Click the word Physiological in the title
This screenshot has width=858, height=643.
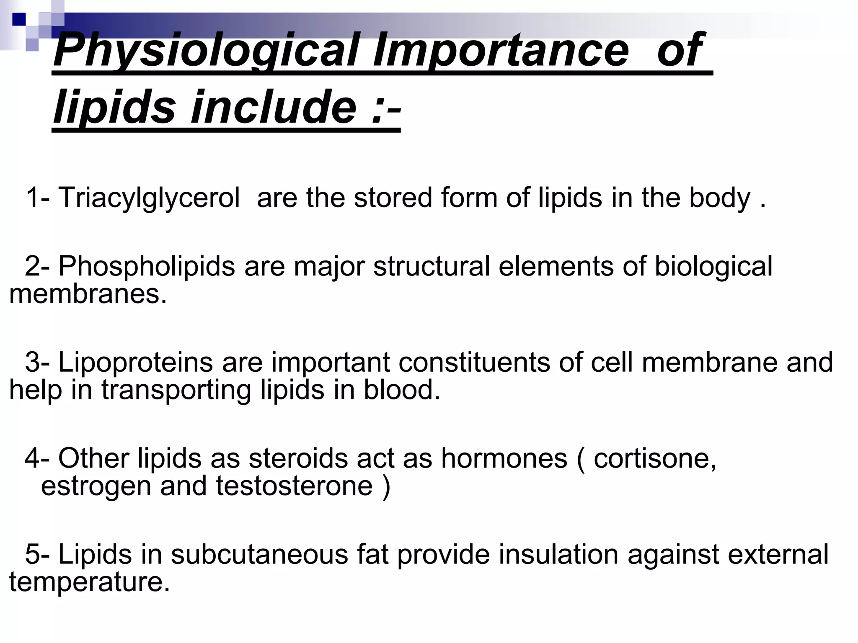pyautogui.click(x=205, y=51)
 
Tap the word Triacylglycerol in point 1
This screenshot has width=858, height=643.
pyautogui.click(x=149, y=198)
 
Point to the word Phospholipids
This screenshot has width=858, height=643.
pyautogui.click(x=147, y=266)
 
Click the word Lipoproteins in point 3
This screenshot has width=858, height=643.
pyautogui.click(x=135, y=362)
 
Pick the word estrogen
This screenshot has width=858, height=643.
pyautogui.click(x=96, y=486)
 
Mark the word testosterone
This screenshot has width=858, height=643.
pyautogui.click(x=294, y=486)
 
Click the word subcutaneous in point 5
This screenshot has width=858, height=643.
pyautogui.click(x=259, y=555)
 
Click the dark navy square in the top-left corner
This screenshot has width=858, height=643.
pyautogui.click(x=19, y=19)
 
